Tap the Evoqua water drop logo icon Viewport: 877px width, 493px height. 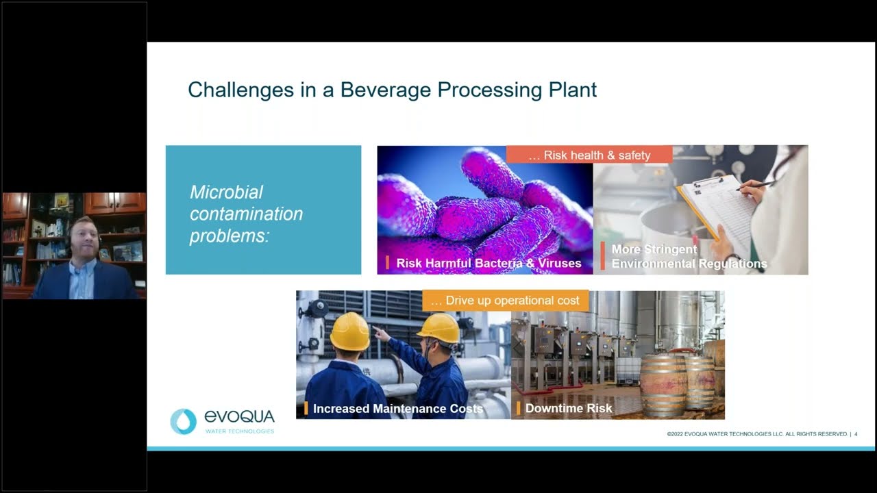tap(183, 421)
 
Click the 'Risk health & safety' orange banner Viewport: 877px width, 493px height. tap(589, 155)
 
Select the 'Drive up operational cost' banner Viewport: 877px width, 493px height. tap(506, 301)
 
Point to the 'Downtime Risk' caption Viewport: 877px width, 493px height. tap(569, 409)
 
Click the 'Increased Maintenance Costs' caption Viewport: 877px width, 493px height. tap(397, 409)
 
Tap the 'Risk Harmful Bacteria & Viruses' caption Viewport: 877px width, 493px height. tap(489, 263)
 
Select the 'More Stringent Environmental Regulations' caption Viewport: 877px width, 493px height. tap(689, 257)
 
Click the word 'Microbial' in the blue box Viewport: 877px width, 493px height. tap(226, 192)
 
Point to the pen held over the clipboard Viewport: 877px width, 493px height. tap(754, 185)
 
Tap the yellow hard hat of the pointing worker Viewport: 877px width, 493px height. tap(439, 328)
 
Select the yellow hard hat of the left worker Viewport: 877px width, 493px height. tap(349, 331)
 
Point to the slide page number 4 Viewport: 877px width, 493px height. tap(856, 434)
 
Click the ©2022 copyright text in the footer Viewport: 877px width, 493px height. tap(756, 434)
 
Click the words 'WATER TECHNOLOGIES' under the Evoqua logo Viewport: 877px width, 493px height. tap(240, 431)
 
